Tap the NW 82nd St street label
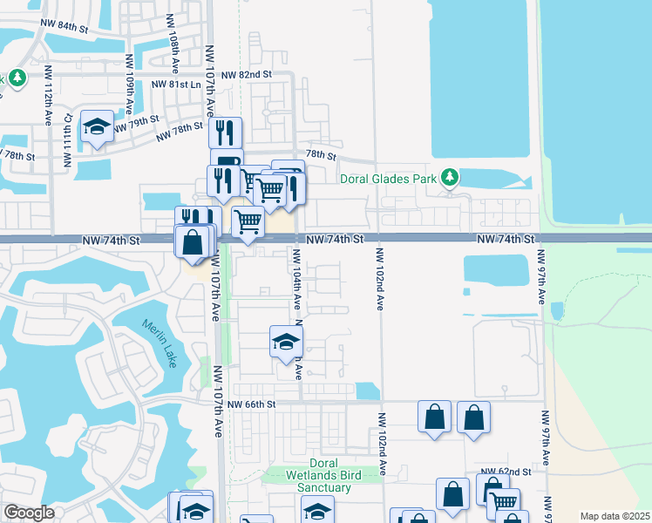point(247,76)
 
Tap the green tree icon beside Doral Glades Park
point(450,178)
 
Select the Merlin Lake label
point(159,343)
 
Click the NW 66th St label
point(251,404)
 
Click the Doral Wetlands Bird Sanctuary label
point(330,475)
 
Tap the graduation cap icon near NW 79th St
point(97,127)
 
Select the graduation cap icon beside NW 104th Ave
point(285,342)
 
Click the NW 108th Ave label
point(160,35)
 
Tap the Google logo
point(30,513)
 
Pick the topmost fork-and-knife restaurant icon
point(225,132)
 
